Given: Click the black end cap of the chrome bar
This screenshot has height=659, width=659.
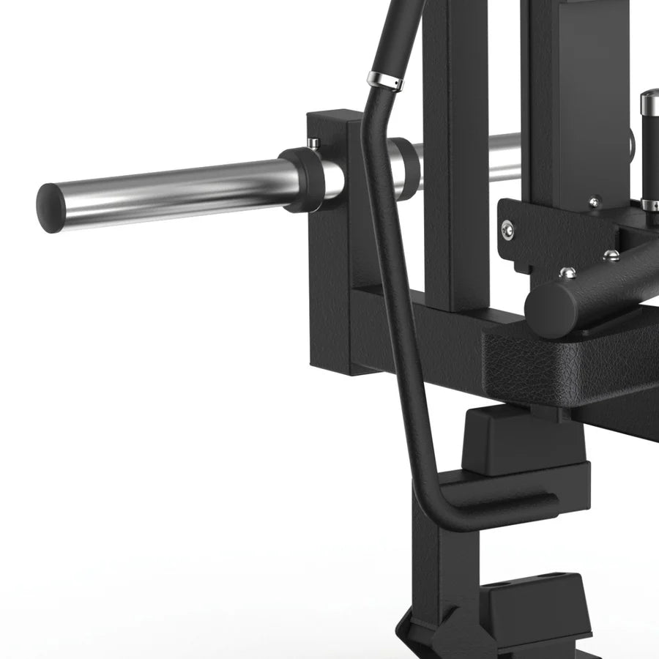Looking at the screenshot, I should [51, 208].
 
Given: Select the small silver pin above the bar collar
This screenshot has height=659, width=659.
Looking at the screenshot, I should [313, 142].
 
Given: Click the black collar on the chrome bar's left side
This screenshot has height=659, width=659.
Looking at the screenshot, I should [301, 179].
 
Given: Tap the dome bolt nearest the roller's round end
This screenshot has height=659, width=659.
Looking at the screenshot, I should [567, 273].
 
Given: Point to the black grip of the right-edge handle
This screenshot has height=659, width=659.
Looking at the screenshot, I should [650, 154].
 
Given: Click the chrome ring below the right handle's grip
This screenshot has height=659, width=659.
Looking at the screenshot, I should [650, 204].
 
